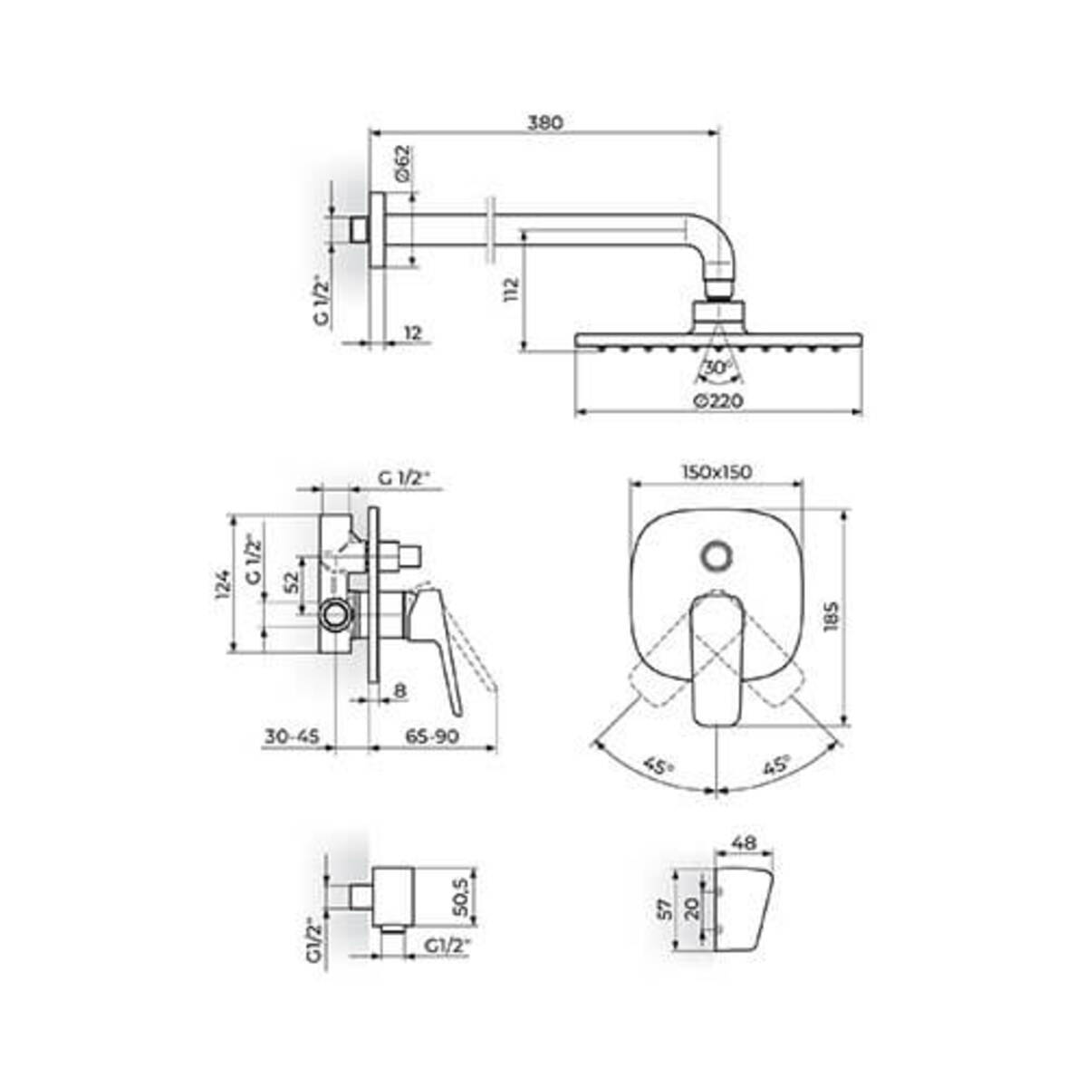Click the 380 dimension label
(x=545, y=122)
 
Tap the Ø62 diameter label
(x=404, y=164)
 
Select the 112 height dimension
(x=511, y=290)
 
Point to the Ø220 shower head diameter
(x=718, y=400)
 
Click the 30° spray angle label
(x=717, y=367)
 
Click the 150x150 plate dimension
(x=717, y=472)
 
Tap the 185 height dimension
(x=832, y=617)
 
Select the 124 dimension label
(x=224, y=584)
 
